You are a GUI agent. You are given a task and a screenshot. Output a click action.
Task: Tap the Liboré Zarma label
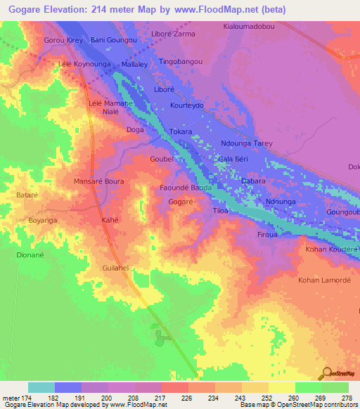[173, 33]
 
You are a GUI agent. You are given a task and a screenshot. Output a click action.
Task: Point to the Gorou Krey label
[64, 40]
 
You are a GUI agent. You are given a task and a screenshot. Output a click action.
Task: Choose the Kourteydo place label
[187, 105]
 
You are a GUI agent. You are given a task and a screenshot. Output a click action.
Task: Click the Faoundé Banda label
[186, 188]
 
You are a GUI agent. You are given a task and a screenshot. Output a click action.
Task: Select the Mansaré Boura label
[99, 181]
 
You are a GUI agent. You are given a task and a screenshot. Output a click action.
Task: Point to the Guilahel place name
[116, 268]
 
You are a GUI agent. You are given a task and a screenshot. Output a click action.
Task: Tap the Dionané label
[31, 256]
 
